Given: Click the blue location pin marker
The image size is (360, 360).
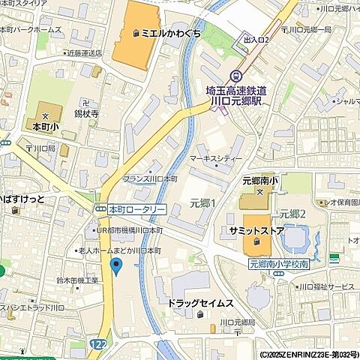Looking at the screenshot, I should pos(115,265).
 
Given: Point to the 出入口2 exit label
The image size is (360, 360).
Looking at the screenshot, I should pos(256,40).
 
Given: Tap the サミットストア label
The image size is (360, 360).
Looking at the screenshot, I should pos(253,231).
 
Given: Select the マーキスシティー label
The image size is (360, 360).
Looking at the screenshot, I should pos(216,159).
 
